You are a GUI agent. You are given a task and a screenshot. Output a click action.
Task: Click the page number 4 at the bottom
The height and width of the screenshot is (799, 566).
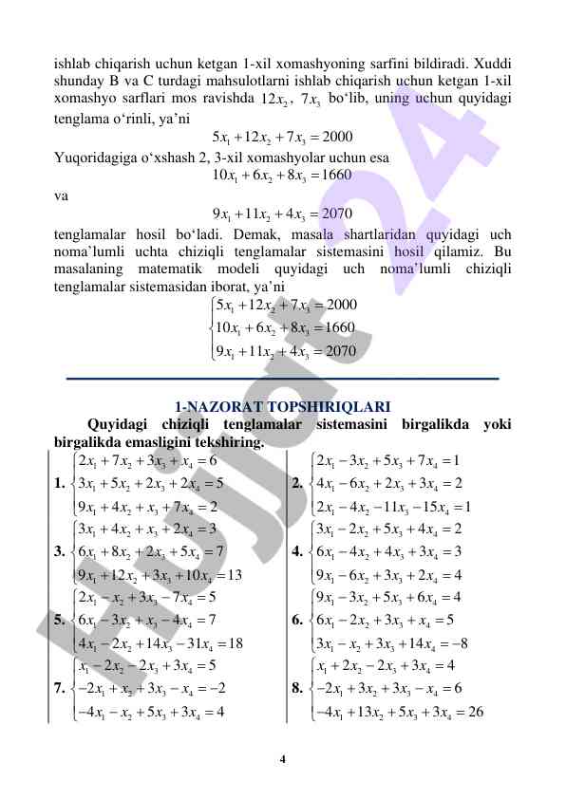click(283, 758)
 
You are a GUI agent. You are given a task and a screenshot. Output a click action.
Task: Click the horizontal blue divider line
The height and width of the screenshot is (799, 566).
click(282, 379)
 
